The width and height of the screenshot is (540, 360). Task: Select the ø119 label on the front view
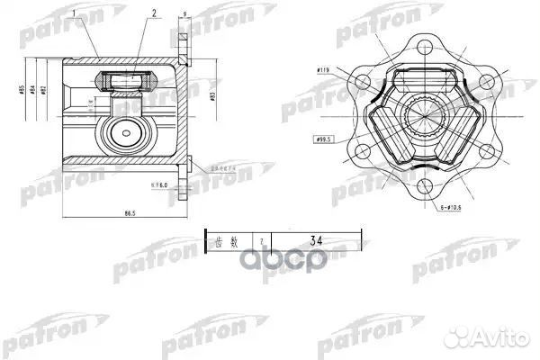pos(325,68)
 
